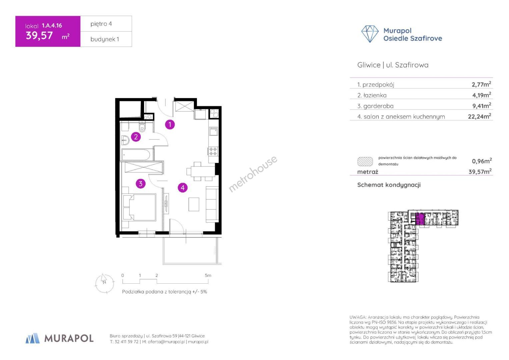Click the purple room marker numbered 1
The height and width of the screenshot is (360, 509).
(x=170, y=125)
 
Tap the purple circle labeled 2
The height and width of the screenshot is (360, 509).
(x=136, y=137)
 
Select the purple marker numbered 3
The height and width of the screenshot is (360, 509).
(x=141, y=183)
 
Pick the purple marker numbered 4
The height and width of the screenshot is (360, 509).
(x=183, y=188)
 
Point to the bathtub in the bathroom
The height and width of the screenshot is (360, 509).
(x=136, y=155)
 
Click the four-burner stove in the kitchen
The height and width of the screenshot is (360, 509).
(x=213, y=151)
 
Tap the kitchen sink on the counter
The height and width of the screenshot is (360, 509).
(x=213, y=131)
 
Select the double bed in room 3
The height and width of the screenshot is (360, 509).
(x=139, y=207)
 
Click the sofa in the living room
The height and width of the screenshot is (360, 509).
(x=212, y=205)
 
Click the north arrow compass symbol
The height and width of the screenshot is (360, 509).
(x=104, y=283)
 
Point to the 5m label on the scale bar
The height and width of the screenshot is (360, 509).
(x=208, y=275)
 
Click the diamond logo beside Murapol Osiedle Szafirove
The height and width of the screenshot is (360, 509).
(x=370, y=34)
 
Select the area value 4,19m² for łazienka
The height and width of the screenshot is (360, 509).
(x=482, y=95)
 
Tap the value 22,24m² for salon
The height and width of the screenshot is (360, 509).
(x=479, y=116)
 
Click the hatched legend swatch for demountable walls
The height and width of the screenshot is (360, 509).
(x=365, y=161)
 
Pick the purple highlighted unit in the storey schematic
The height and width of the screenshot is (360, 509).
(x=420, y=219)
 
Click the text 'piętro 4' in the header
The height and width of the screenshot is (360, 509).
(x=101, y=24)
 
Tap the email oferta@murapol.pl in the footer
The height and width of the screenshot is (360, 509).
(x=166, y=342)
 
